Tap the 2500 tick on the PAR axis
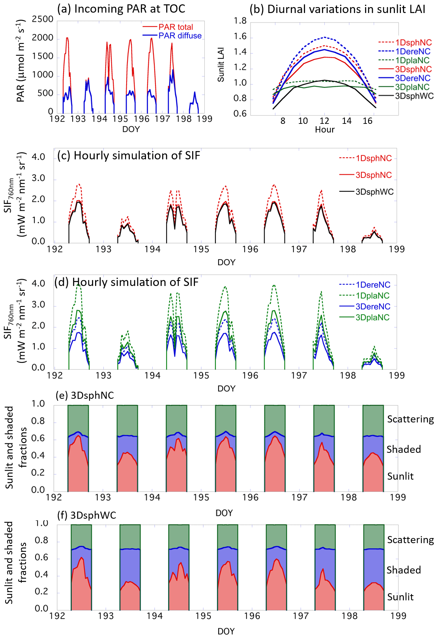click(43, 19)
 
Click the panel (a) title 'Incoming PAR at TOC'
click(121, 9)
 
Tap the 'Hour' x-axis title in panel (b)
click(325, 130)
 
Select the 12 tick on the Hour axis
click(324, 121)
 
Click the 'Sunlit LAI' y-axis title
click(221, 65)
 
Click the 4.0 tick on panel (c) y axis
click(38, 157)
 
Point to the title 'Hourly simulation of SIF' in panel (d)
click(126, 282)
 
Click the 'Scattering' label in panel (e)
click(410, 419)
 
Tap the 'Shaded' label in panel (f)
click(404, 570)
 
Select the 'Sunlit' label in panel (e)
click(400, 476)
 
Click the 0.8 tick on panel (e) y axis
click(38, 422)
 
